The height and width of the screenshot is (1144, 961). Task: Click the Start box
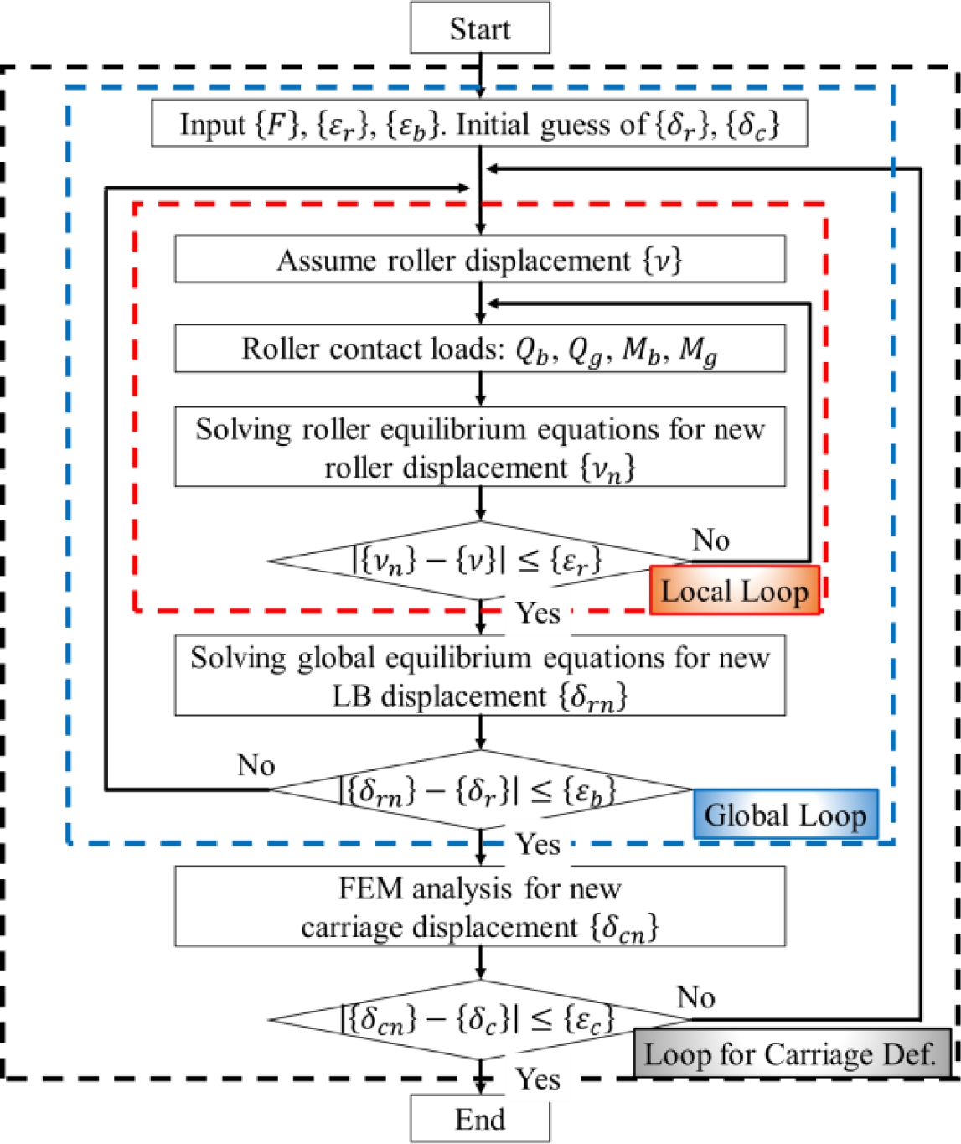click(479, 28)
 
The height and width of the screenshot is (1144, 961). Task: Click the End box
click(479, 1120)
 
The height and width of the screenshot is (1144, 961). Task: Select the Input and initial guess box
click(479, 125)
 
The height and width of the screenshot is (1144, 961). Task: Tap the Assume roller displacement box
click(479, 260)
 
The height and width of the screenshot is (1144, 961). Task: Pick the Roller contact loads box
click(479, 349)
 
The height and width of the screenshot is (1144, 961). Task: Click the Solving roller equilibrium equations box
click(479, 448)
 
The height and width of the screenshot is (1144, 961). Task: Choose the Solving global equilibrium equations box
click(479, 676)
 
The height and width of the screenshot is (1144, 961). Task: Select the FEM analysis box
click(479, 907)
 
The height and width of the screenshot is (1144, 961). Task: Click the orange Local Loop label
click(735, 591)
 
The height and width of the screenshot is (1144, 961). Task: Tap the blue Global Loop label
click(785, 815)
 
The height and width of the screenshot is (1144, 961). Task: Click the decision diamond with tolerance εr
click(479, 560)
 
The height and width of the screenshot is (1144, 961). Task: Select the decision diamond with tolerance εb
click(479, 789)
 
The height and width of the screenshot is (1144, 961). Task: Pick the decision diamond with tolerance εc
click(479, 1020)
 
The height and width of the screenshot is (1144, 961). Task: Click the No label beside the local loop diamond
click(710, 541)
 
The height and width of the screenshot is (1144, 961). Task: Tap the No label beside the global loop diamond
click(256, 765)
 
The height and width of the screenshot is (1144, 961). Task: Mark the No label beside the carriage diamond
click(695, 997)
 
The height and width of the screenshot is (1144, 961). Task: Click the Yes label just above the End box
click(537, 1079)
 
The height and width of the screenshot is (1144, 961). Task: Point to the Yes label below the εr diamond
click(537, 613)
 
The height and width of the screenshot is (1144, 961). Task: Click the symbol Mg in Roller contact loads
click(698, 350)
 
